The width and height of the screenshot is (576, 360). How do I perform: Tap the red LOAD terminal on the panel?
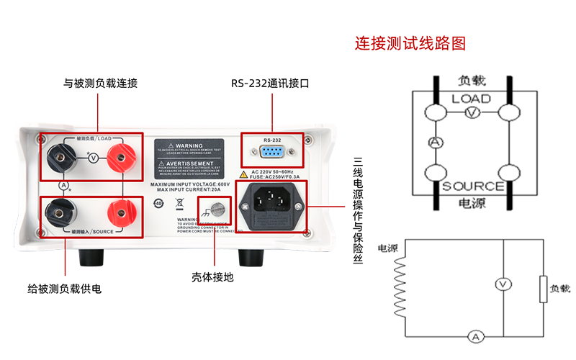point(120,157)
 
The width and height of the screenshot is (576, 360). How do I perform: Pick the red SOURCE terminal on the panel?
point(119,212)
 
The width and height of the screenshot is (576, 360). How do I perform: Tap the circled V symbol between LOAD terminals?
point(91,157)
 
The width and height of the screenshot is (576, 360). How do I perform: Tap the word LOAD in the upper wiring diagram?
point(471,99)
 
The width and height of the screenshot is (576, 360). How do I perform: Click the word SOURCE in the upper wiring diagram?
point(472,186)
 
